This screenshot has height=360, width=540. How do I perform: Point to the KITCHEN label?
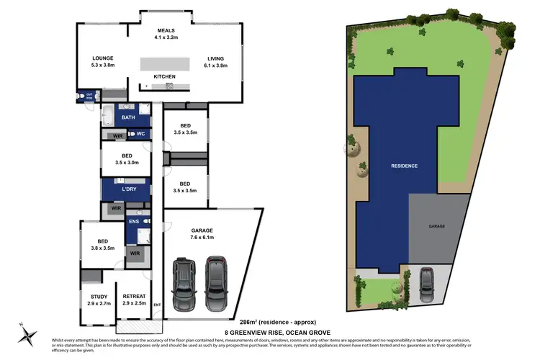pyautogui.click(x=164, y=76)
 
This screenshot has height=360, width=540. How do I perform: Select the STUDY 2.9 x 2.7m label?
pyautogui.click(x=99, y=300)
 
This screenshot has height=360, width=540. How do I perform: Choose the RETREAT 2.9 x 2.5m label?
pyautogui.click(x=134, y=300)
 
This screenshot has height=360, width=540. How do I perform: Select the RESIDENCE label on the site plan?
pyautogui.click(x=405, y=166)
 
